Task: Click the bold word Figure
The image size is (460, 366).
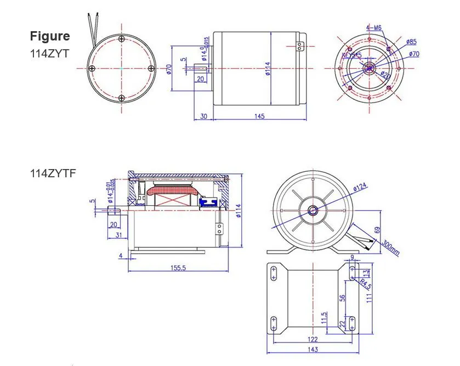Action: (x=50, y=36)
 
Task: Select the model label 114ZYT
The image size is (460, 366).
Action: (x=49, y=54)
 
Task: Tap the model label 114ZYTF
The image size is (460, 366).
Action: (x=53, y=173)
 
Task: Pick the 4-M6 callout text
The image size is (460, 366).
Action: (x=374, y=28)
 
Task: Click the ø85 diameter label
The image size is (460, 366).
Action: (x=412, y=42)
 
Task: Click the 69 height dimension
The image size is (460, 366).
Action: (x=377, y=230)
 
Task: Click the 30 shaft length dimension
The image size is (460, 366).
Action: (x=203, y=116)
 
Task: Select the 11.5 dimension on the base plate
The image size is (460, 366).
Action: (x=324, y=318)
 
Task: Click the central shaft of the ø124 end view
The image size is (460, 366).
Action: (x=313, y=210)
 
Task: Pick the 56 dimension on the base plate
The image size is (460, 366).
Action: (x=342, y=298)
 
